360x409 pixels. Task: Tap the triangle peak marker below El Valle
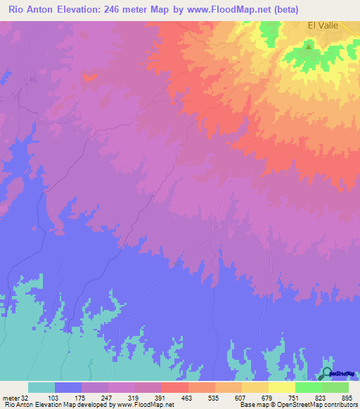[x=309, y=47]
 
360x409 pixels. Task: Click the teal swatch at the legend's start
[x=41, y=387]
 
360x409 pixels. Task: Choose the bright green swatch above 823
[x=308, y=387]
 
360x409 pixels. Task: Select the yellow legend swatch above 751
[x=281, y=387]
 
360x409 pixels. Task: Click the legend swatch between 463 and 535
[x=202, y=387]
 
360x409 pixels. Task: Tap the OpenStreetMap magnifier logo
[x=328, y=374]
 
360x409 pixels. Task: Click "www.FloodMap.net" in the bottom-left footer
[x=143, y=405]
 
